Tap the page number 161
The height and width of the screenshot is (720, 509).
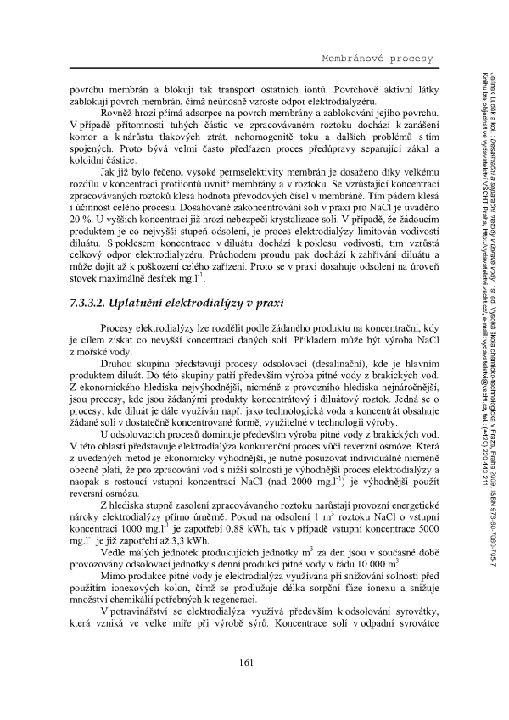247,662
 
